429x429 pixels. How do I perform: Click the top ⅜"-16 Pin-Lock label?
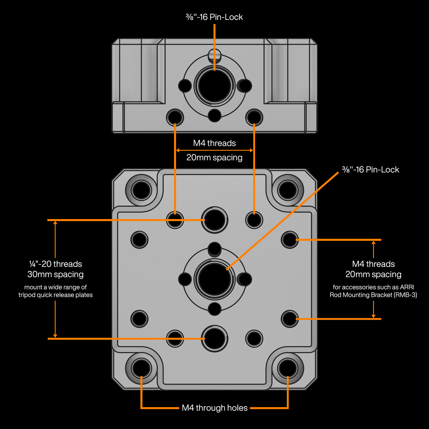214,17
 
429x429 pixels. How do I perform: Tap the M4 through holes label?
215,408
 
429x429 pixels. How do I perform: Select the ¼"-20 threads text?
56,264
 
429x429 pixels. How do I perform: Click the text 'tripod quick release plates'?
56,295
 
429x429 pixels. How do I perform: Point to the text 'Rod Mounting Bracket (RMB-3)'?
373,295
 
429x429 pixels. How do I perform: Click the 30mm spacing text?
56,274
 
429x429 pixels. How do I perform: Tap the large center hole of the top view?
214,86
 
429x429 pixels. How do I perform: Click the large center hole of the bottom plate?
214,279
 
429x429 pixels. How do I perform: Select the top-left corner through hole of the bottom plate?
141,190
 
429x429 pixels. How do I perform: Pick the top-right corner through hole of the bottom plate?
287,190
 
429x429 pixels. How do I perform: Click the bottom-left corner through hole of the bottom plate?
141,368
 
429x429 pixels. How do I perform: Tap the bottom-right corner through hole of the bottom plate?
287,368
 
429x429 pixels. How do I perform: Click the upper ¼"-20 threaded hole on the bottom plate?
214,220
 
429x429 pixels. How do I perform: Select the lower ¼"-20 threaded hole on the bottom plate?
214,338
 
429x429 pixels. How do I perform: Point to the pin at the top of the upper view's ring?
214,54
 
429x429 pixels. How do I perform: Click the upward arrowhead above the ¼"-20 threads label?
55,223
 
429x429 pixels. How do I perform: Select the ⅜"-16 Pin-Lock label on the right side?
370,170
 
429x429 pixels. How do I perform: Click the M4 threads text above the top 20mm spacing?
214,143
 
